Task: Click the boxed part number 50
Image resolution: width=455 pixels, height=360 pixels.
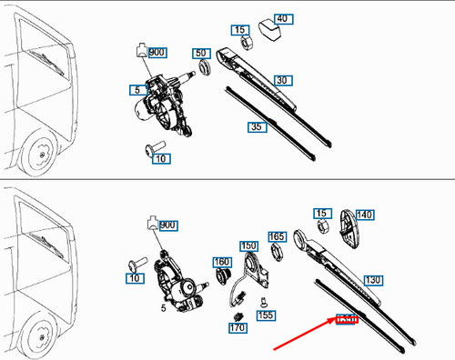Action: [x=200, y=55]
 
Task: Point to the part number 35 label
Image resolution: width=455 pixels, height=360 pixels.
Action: [x=257, y=127]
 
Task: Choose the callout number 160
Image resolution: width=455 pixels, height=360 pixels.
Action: [x=221, y=263]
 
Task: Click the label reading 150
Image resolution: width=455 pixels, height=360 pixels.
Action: [x=248, y=246]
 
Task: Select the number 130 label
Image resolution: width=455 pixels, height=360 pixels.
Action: [x=371, y=281]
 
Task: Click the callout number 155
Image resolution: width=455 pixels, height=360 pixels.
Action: [x=265, y=315]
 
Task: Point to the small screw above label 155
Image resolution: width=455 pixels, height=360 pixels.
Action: [x=262, y=301]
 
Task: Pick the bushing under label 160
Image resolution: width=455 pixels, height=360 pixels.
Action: [x=221, y=278]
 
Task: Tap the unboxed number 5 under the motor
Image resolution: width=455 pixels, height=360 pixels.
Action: [x=164, y=308]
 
